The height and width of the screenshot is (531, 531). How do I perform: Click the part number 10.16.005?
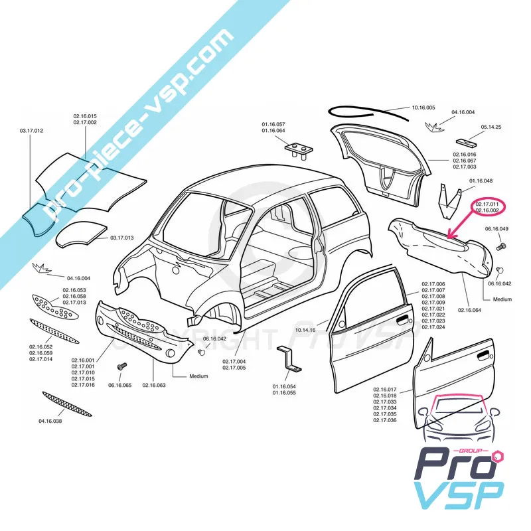point(423,108)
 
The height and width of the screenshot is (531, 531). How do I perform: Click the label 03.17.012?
point(31,131)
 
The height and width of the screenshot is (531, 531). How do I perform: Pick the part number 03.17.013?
point(122,238)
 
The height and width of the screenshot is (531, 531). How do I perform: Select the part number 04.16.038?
point(50,421)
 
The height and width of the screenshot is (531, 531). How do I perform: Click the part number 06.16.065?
point(120,385)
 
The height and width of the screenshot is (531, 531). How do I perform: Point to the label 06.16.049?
point(496,229)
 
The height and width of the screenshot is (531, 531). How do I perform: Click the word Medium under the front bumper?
point(198,376)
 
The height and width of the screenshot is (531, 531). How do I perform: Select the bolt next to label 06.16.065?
point(121,367)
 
